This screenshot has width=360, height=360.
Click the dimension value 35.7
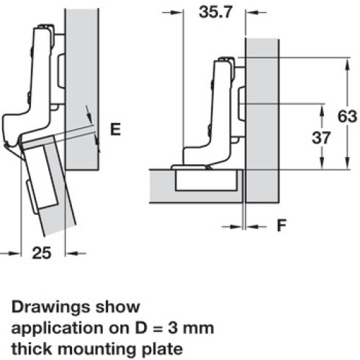click(x=215, y=12)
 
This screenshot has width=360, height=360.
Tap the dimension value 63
click(x=347, y=117)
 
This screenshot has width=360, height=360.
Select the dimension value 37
click(x=321, y=138)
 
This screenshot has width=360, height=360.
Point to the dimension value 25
click(x=42, y=253)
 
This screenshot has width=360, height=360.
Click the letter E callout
click(x=115, y=129)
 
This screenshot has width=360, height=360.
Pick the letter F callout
click(x=282, y=225)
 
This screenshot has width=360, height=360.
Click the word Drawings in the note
click(x=51, y=308)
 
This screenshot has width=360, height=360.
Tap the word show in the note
click(x=118, y=307)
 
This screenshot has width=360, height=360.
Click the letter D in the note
click(x=141, y=328)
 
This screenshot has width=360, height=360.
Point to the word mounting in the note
click(x=97, y=350)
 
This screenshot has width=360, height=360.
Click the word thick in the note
click(x=32, y=348)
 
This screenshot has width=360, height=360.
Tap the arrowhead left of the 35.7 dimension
click(x=177, y=12)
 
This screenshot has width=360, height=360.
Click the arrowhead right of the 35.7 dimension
click(x=252, y=12)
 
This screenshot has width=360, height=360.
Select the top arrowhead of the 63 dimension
click(x=347, y=64)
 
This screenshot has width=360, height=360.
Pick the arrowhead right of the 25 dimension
click(x=72, y=253)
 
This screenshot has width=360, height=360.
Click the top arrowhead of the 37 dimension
click(x=322, y=111)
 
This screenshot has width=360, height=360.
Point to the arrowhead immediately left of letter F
click(x=235, y=226)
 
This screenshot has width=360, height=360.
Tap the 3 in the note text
click(x=173, y=328)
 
